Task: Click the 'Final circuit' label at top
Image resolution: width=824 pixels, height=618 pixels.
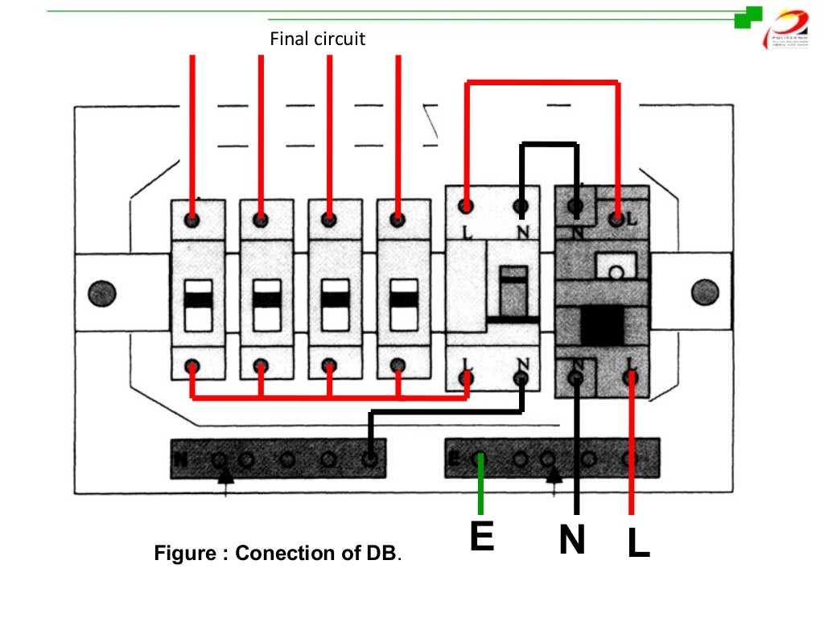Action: tap(317, 39)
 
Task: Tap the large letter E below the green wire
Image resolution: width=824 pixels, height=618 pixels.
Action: tap(481, 538)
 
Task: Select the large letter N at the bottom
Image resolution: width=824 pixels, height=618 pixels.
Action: tap(572, 541)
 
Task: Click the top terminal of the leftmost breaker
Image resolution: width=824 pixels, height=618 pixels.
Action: tap(193, 219)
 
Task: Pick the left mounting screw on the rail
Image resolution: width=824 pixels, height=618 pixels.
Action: tap(102, 291)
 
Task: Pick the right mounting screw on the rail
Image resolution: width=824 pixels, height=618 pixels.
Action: tap(704, 291)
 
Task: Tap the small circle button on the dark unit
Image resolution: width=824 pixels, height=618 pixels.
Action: tap(615, 272)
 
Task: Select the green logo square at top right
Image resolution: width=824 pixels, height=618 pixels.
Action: tap(748, 17)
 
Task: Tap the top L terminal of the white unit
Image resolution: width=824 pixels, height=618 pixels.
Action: tap(466, 205)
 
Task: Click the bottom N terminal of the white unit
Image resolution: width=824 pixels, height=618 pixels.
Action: tap(521, 376)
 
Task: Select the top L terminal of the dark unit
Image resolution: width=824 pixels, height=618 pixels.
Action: tap(617, 217)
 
